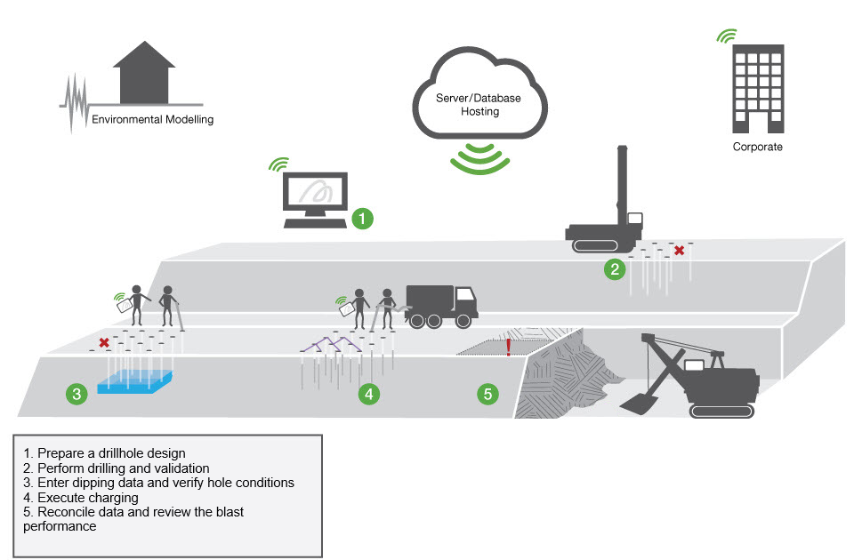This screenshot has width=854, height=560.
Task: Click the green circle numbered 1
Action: click(x=362, y=219)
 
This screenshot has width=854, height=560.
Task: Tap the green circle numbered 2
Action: click(x=615, y=268)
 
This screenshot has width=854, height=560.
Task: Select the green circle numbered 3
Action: click(x=77, y=394)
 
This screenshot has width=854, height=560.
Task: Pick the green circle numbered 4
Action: click(x=368, y=394)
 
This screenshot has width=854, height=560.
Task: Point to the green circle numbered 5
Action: click(x=487, y=394)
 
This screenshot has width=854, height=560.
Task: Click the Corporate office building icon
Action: click(x=758, y=89)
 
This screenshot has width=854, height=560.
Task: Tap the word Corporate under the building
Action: click(x=757, y=147)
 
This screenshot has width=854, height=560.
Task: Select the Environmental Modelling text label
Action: click(x=152, y=120)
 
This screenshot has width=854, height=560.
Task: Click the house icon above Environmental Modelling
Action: click(x=144, y=72)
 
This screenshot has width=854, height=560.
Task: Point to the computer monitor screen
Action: click(x=315, y=191)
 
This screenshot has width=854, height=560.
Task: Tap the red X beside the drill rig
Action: click(x=679, y=251)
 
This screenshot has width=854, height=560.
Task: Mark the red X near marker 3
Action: click(x=104, y=343)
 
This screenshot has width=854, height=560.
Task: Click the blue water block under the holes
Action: click(x=135, y=381)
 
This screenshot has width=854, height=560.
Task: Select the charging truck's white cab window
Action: click(x=464, y=294)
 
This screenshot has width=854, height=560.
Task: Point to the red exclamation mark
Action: click(x=509, y=347)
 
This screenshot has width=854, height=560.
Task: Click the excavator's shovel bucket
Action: click(x=637, y=404)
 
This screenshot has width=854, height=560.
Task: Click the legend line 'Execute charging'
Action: click(x=88, y=498)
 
